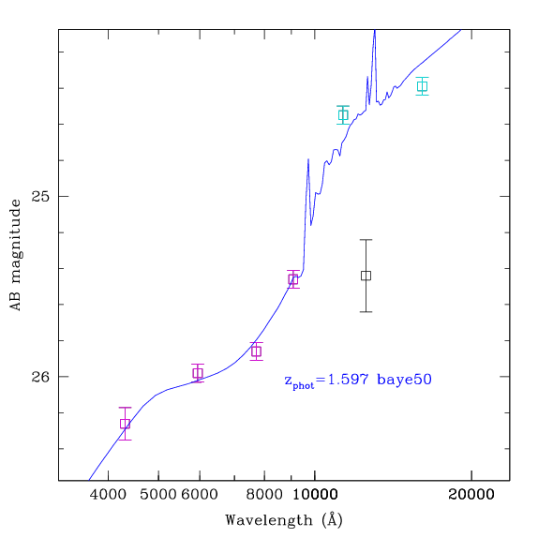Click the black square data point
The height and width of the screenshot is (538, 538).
pos(366,276)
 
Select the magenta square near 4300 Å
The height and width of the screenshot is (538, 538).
pos(126,424)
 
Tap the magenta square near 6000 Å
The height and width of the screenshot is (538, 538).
pos(198,373)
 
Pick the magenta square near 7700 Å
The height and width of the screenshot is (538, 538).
pos(256,351)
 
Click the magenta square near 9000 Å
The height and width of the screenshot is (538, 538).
pos(293,279)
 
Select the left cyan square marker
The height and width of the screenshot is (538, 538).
pos(343,115)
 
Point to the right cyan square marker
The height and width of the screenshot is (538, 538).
pos(423,86)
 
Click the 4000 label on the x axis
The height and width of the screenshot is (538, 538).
pos(108,495)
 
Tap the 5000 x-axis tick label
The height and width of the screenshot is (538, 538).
pos(158,495)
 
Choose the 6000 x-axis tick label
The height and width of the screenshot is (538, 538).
pos(200,495)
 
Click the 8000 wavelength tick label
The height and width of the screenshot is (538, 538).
pos(264,495)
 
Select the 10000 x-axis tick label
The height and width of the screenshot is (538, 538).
pos(315,495)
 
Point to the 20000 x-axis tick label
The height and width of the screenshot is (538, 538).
pos(471,495)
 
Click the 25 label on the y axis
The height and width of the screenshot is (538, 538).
pos(40,196)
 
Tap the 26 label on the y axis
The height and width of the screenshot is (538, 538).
pos(40,377)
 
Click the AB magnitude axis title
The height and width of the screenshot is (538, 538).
pos(16,255)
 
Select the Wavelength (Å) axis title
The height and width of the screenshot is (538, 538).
pos(284,520)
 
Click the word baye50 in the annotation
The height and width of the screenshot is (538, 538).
pos(404,380)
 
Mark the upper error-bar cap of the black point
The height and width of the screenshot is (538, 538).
pos(366,240)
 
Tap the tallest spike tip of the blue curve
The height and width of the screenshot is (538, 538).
pos(375,30)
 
